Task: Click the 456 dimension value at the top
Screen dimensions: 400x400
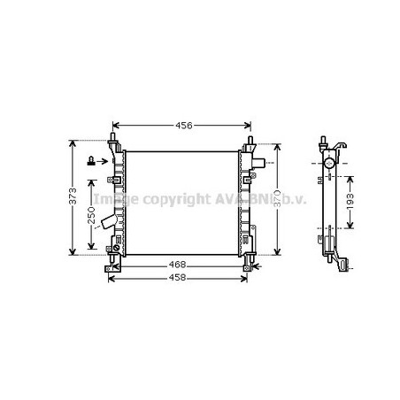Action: [x=181, y=126]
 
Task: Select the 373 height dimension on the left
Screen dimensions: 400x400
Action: [x=74, y=199]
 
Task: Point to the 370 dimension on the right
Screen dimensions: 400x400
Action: [x=277, y=199]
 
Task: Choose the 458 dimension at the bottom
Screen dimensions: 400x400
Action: [x=178, y=278]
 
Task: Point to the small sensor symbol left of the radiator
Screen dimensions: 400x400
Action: [x=91, y=161]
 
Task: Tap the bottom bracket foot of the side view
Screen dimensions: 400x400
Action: [x=343, y=263]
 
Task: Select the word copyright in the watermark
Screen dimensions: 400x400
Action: [x=168, y=199]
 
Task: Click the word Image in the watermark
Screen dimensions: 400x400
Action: [x=112, y=199]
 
